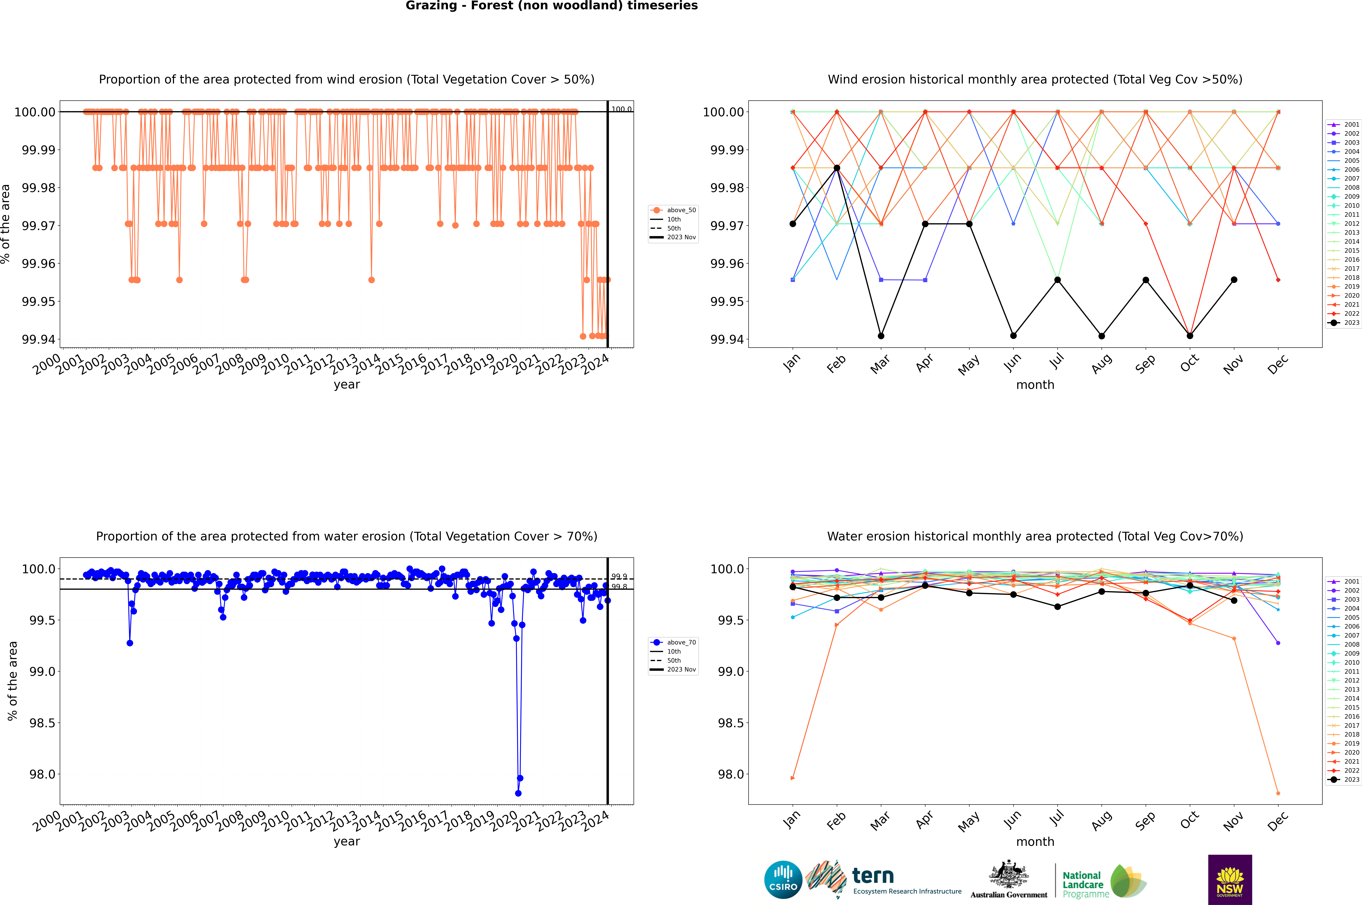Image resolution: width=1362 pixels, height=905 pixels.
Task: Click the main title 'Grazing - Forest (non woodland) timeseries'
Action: click(551, 6)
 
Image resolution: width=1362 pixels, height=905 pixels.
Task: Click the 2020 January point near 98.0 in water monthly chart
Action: click(793, 778)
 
